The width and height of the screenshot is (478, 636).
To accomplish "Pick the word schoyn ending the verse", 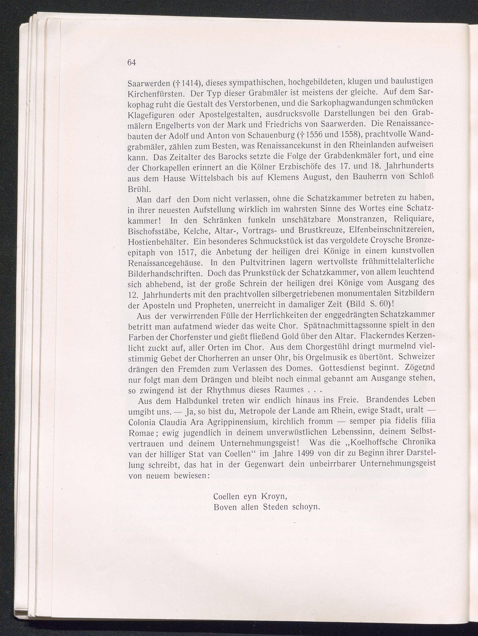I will (306, 507).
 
